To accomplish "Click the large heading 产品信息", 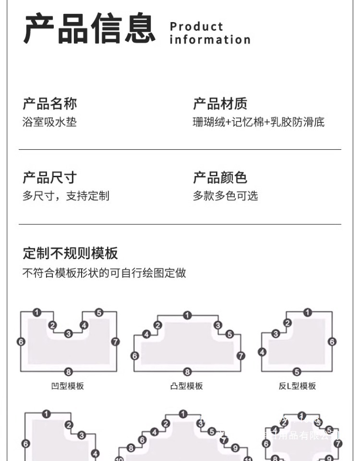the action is [x=90, y=29].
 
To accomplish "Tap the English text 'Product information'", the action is [x=210, y=33].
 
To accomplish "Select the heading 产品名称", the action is [x=49, y=103].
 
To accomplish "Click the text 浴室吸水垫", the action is [x=49, y=122].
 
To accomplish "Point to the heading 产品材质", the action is [x=220, y=103].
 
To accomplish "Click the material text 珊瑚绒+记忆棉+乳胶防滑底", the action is [x=259, y=122].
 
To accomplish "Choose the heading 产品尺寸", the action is [x=49, y=177].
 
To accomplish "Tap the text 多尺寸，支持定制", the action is [x=66, y=196].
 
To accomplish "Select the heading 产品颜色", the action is [x=220, y=177].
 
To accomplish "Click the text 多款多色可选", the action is [x=226, y=196].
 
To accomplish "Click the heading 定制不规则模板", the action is [x=70, y=253].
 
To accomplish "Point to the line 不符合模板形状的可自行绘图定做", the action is [x=104, y=273].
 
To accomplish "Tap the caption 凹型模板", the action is [x=68, y=386].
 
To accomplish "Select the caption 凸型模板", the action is [x=187, y=386].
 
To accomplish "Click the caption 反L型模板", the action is [x=297, y=386].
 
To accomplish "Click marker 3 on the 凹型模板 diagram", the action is [x=68, y=333].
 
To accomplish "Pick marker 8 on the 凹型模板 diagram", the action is [x=68, y=371].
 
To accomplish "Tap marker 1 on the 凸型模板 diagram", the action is [x=187, y=315].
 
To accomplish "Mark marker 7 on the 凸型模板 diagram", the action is [x=241, y=356].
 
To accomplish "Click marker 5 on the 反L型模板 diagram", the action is [x=297, y=371].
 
